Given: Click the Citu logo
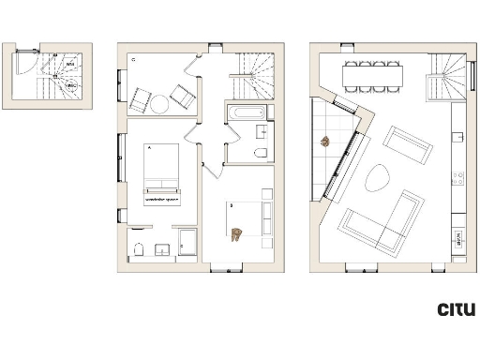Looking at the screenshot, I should click(457, 309).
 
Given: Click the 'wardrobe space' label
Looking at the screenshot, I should click(161, 199).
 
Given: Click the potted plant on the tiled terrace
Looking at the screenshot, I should click(325, 142).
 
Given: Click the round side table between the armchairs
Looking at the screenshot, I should click(159, 102).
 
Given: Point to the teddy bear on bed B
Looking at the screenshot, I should click(238, 233).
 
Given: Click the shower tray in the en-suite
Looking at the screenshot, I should click(187, 242).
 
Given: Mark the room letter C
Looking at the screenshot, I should click(134, 59).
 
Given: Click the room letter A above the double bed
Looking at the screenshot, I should click(148, 147).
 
